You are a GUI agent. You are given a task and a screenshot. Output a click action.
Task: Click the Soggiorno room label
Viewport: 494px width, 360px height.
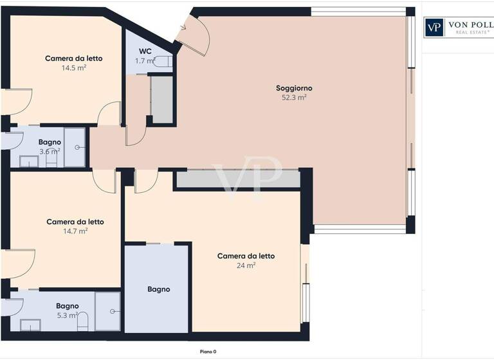(293, 88)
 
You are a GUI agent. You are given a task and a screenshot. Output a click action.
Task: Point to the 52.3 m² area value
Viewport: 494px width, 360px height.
(293, 98)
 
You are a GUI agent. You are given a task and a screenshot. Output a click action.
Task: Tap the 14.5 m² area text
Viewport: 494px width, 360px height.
(74, 67)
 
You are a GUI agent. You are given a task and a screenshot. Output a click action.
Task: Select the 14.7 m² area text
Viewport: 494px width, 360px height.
(75, 231)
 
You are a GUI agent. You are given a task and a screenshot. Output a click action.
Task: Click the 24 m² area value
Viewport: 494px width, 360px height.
(246, 265)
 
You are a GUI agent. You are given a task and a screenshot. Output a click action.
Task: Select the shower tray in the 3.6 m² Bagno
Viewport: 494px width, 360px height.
(75, 147)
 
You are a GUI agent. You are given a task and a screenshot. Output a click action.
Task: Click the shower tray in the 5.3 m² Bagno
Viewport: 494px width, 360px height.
(107, 311)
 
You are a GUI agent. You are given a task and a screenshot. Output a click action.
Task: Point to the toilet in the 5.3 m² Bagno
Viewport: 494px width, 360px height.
(82, 321)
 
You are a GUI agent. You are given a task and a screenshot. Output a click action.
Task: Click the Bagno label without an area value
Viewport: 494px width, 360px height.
(158, 289)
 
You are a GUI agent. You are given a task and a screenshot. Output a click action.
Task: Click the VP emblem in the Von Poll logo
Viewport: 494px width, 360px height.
(434, 27)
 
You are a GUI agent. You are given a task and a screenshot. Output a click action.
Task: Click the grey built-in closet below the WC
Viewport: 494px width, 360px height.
(161, 100)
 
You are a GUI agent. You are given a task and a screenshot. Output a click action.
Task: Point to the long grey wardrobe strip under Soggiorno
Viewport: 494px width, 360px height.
(238, 179)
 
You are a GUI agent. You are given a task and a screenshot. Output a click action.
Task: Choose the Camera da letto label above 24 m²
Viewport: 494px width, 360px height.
(246, 256)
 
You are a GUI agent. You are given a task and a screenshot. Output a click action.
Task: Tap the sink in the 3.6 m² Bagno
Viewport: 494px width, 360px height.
(29, 161)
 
